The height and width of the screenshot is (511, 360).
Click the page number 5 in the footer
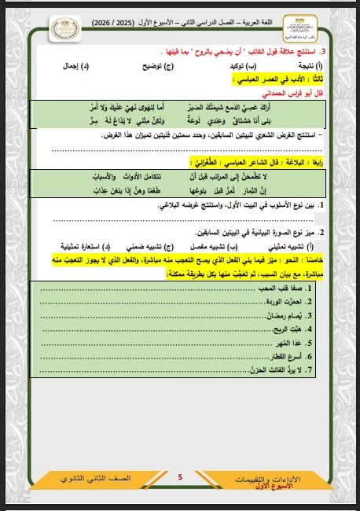[180, 476]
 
